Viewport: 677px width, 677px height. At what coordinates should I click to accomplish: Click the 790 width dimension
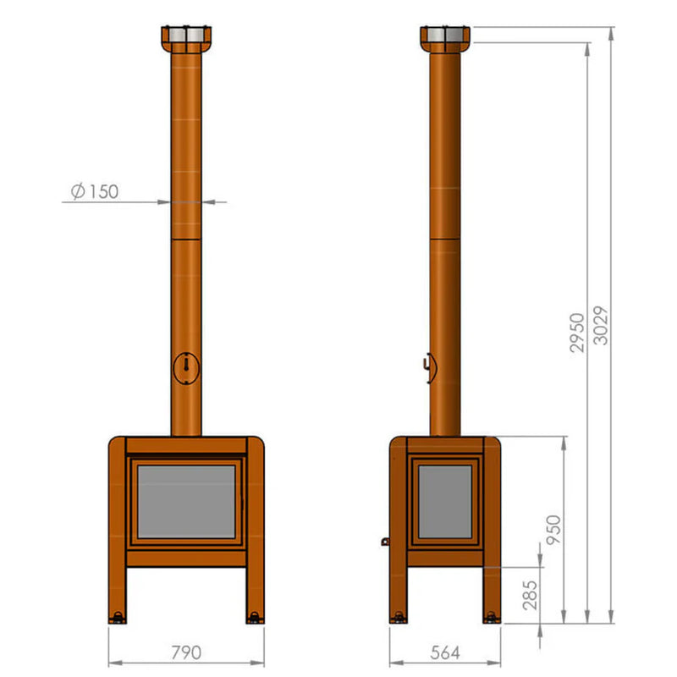click(186, 652)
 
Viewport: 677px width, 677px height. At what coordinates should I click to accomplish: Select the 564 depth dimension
click(445, 652)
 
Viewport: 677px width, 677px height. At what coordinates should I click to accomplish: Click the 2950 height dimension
click(577, 333)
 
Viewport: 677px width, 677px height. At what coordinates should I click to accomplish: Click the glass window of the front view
click(186, 501)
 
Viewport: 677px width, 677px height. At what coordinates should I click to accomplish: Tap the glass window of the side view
click(445, 501)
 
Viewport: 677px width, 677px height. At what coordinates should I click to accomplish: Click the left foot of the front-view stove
click(118, 616)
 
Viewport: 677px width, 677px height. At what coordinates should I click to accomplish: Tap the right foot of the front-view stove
click(254, 616)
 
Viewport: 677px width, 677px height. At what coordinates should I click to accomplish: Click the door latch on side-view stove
click(385, 540)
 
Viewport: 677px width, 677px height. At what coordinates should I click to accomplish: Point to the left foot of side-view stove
click(399, 617)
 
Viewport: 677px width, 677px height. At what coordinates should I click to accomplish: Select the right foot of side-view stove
click(492, 617)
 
